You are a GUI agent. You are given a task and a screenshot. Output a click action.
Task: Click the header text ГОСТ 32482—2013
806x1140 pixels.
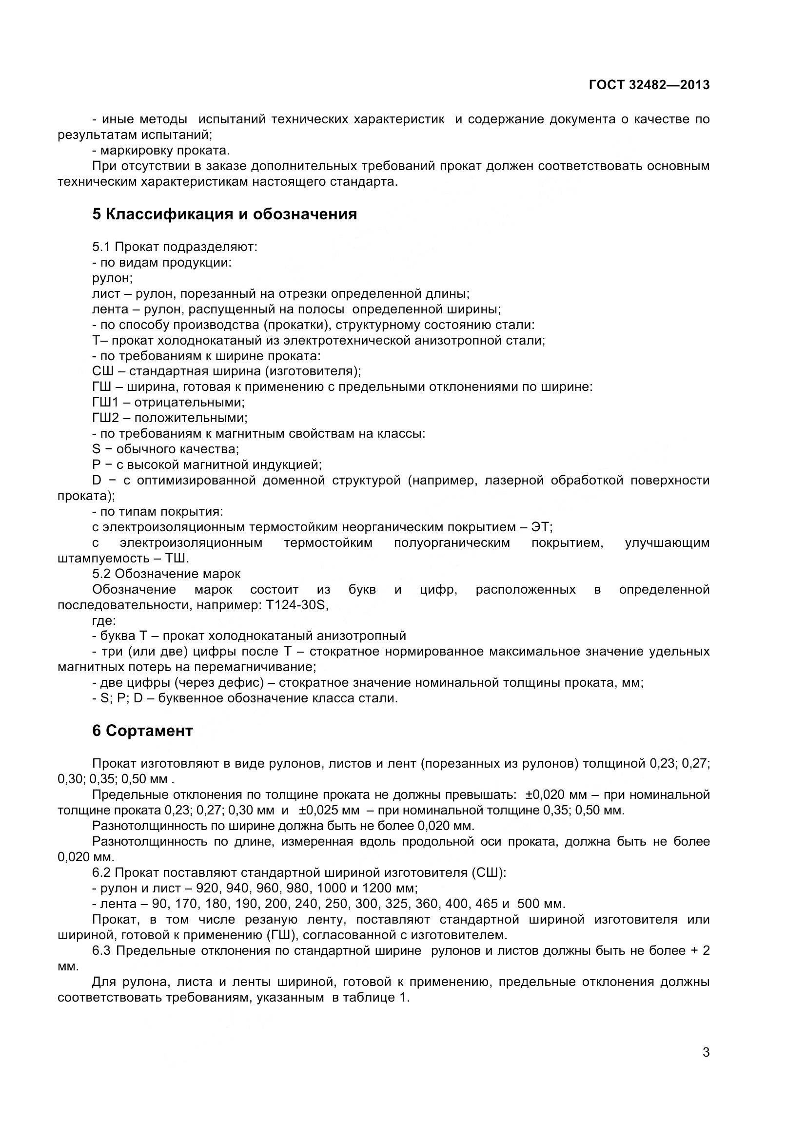(649, 85)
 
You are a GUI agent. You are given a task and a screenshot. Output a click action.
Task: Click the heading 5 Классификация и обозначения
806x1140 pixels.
(224, 214)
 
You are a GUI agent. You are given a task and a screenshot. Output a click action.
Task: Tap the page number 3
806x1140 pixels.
(706, 1066)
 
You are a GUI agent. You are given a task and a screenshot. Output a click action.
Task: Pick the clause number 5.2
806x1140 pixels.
(102, 574)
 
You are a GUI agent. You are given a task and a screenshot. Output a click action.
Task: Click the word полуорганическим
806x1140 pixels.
(452, 542)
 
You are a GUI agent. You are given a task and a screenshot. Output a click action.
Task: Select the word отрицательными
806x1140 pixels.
(189, 403)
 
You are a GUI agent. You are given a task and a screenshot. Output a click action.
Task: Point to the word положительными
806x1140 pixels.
(191, 418)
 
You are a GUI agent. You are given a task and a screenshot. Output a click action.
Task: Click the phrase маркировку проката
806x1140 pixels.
(164, 151)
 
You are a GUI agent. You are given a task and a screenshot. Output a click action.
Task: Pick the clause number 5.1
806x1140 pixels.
(102, 247)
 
